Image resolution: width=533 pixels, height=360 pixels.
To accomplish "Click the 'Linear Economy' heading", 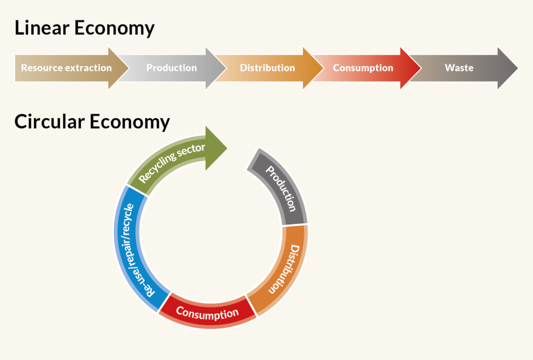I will coord(84,28).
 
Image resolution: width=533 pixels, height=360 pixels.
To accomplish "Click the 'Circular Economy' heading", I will coord(92,122).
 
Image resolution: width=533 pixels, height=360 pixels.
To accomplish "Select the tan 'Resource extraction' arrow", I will coord(67,68).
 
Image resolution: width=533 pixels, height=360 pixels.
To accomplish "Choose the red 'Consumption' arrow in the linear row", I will coord(363,68).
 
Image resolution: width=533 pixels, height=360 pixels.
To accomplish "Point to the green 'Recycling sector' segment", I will coord(172,162).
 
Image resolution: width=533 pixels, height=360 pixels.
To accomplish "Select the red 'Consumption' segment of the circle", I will coord(207,313).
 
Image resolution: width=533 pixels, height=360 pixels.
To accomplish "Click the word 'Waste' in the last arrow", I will coord(459,68).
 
